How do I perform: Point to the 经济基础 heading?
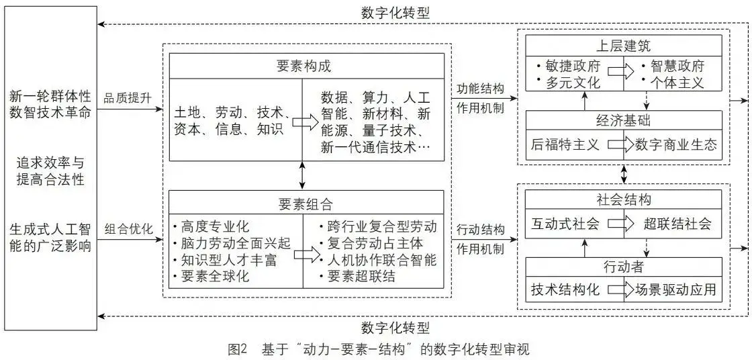click(623, 121)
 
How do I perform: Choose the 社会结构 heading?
click(623, 200)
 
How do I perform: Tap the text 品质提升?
click(128, 98)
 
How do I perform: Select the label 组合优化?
click(128, 228)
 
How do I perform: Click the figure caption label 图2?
click(238, 349)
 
